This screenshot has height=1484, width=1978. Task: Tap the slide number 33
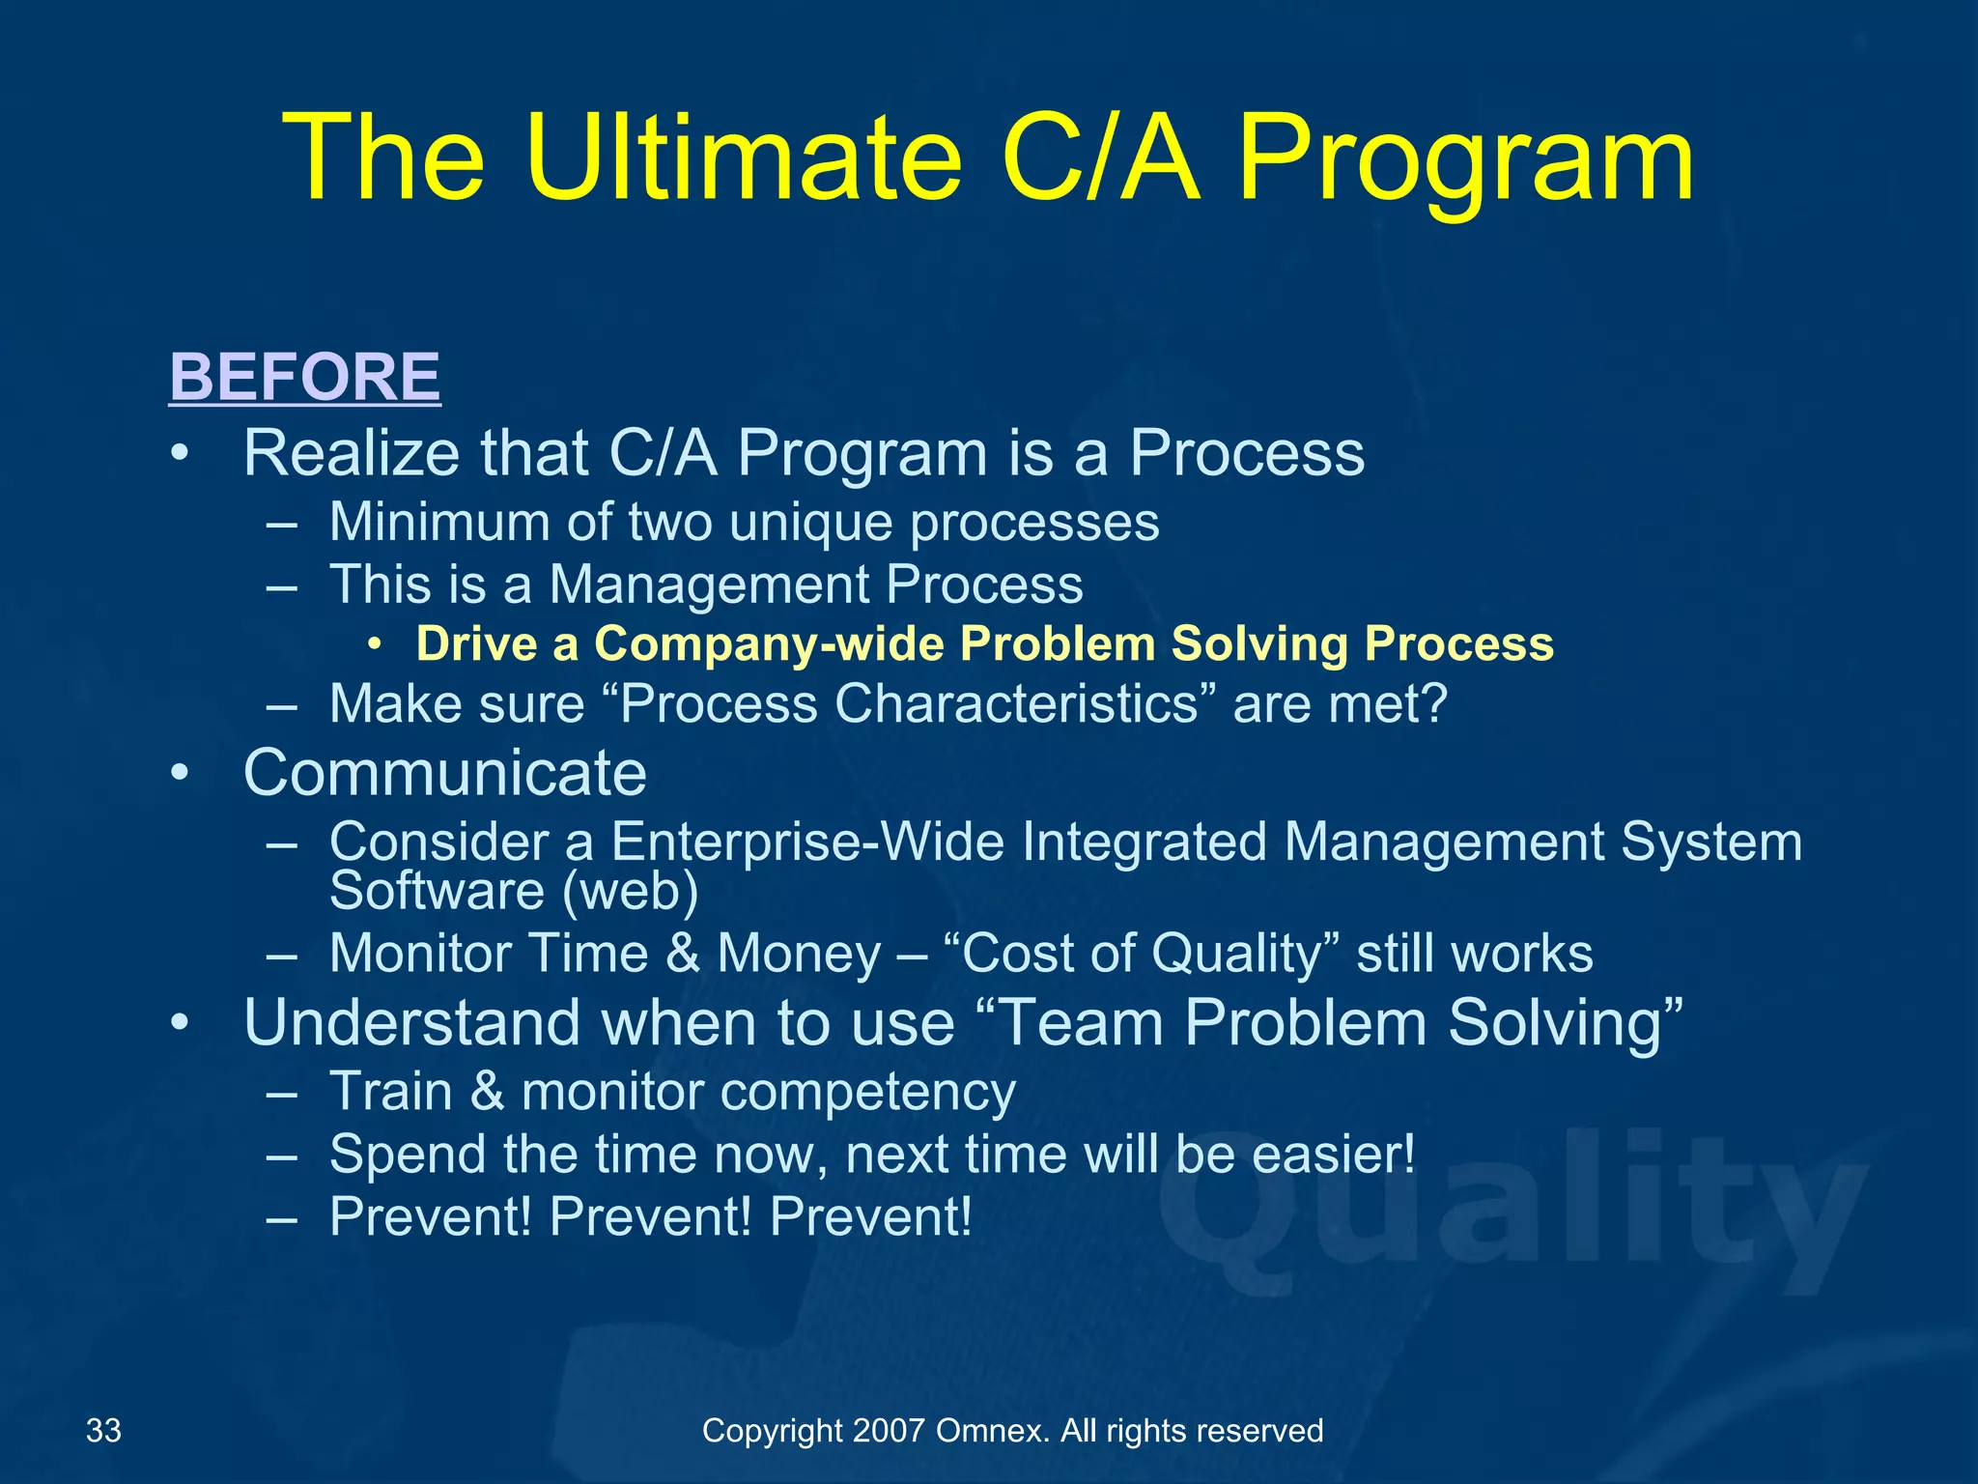[103, 1430]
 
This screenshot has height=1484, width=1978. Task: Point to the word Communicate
[444, 773]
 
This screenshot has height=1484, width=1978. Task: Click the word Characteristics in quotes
[1016, 703]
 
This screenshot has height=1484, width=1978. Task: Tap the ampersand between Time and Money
[683, 954]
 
